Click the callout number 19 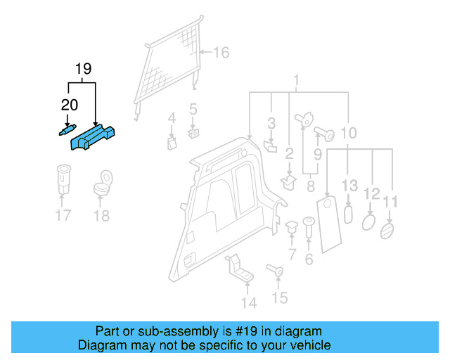[83, 69]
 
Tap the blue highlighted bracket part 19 [94, 135]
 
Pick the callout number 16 [221, 53]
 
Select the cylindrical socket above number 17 [63, 180]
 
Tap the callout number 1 [296, 79]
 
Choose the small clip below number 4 [171, 143]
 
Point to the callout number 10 [349, 132]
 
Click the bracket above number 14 [239, 270]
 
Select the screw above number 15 [276, 269]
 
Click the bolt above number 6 [308, 228]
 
